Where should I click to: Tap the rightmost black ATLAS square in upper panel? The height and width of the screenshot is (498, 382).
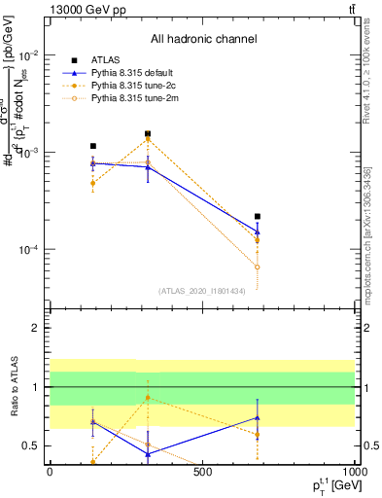pos(257,216)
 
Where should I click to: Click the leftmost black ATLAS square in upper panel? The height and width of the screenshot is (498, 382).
pos(92,146)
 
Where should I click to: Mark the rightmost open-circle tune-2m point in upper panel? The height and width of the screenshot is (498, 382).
pos(257,267)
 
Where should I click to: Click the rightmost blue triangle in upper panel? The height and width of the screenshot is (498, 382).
pos(257,232)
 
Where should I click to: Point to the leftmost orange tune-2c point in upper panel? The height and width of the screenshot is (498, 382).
pos(92,183)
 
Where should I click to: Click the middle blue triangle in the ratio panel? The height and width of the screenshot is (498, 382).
pos(148,454)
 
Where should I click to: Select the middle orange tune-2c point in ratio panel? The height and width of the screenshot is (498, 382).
pos(148,398)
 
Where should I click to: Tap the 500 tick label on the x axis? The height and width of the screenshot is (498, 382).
pos(202,473)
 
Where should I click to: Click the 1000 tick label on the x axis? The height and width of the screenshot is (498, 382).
pos(354,473)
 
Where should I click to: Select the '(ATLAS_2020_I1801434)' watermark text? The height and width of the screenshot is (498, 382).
pos(202,290)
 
